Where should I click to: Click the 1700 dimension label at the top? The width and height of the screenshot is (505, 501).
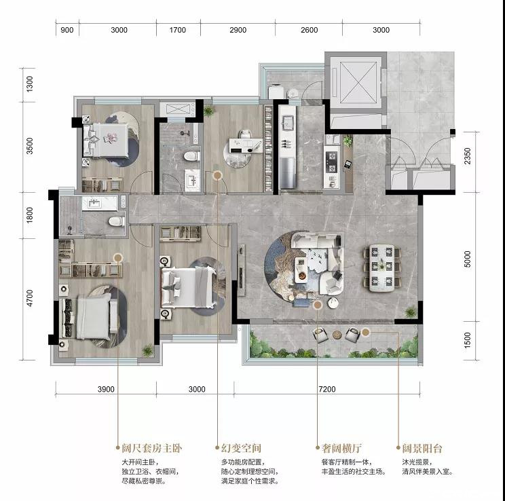coord(177,30)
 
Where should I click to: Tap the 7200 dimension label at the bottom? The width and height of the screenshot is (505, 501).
coord(327,389)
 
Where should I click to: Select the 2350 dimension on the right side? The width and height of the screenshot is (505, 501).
coord(467,156)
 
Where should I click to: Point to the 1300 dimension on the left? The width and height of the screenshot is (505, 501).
coord(30,83)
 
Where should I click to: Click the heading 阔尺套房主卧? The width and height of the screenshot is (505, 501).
coord(151,448)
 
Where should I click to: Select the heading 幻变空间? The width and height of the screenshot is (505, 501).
coord(241,448)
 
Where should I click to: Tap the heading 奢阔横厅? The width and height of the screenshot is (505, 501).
coord(341,448)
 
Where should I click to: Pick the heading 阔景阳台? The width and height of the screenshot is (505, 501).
coord(422,448)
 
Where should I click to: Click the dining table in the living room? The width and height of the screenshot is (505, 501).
coord(382,268)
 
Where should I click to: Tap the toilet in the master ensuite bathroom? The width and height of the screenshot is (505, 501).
coord(116,221)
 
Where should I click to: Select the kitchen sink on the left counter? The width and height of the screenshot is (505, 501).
coord(287,123)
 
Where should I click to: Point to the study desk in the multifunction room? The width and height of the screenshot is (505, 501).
coord(246,145)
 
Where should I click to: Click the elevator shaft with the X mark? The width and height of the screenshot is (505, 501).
coord(358,81)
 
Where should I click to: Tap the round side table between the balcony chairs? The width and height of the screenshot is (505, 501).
coord(337,335)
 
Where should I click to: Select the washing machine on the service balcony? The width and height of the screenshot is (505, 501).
coord(276,91)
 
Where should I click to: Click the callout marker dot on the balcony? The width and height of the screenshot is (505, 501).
coord(366,332)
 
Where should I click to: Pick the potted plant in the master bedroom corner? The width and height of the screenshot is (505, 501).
coord(147,350)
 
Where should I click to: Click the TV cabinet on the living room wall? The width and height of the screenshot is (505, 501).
coord(241,270)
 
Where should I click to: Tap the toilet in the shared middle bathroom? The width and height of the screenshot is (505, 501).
coord(192,156)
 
